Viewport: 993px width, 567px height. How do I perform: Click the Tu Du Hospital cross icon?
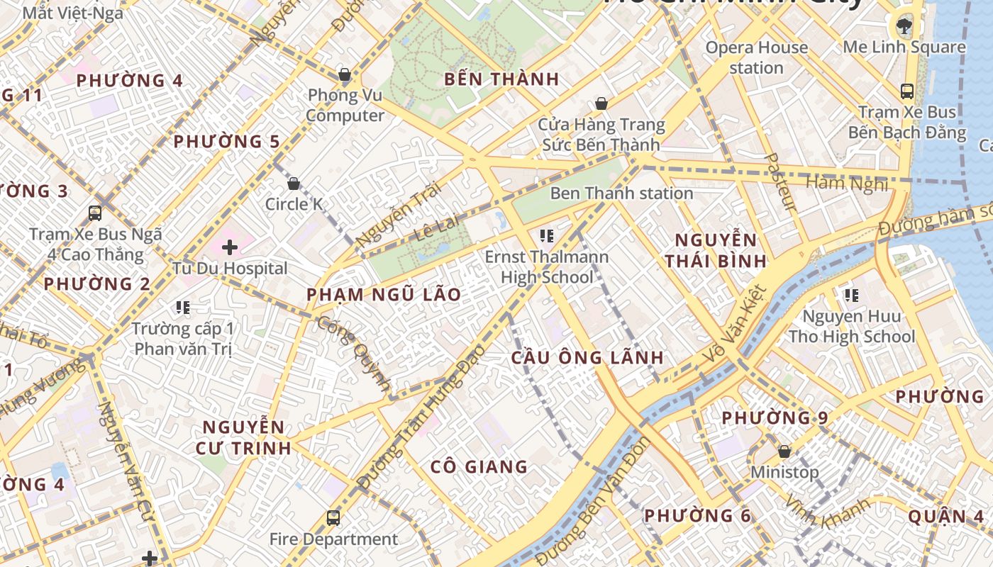coord(229,247)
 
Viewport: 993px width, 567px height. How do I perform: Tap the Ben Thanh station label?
coord(621,193)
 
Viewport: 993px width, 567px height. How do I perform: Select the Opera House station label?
coord(756,57)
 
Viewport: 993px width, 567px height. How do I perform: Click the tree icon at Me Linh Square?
coord(904,27)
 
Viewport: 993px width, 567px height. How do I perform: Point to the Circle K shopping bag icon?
coord(294,184)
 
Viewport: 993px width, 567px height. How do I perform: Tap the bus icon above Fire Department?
coord(333,518)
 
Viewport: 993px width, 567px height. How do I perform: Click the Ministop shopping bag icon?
coord(784,451)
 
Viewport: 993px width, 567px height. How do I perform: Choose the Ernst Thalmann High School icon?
coord(546,235)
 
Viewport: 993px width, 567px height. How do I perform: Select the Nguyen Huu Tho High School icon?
coord(851,295)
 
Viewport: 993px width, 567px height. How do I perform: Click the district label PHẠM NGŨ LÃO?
coord(384,295)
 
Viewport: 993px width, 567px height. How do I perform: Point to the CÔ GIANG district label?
coord(479,466)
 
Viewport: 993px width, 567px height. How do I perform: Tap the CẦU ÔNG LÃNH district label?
coord(587,358)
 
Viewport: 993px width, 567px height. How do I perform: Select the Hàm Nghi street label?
coord(847,184)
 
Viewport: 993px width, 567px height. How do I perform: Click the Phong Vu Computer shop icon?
coord(345,74)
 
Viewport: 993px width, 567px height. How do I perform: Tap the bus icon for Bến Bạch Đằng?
coord(906,91)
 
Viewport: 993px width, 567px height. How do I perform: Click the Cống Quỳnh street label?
coord(353,354)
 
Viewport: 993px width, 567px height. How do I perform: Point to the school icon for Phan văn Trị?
coord(183,308)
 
